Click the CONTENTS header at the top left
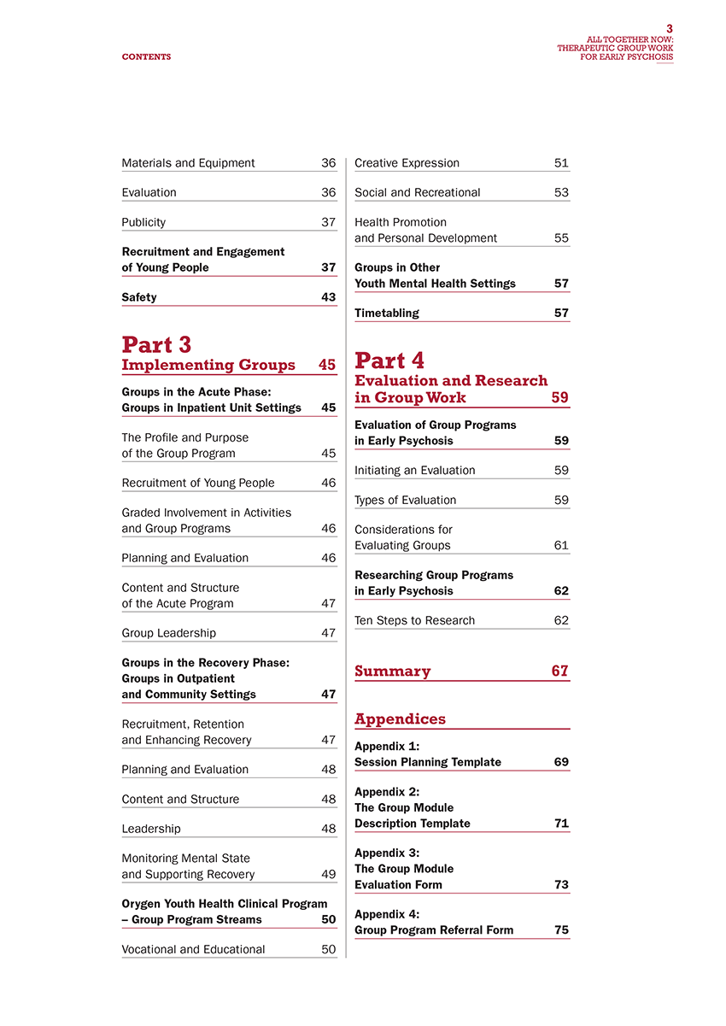pos(146,57)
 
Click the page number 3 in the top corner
pos(670,28)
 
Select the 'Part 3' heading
pos(156,345)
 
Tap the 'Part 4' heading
pos(389,361)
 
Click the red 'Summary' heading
pos(392,671)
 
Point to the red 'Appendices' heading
pos(400,719)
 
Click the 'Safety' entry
pos(139,297)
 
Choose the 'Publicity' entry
pos(144,222)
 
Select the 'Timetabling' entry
pos(387,313)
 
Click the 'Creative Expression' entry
pos(407,163)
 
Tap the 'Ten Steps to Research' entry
pos(414,620)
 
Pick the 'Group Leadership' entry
pos(169,633)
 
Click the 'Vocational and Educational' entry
pos(193,949)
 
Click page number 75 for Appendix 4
pos(561,930)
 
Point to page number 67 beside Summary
pos(559,671)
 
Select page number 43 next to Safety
pos(328,297)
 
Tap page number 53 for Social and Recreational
pos(561,193)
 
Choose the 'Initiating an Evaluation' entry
pos(414,470)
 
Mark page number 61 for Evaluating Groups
pos(561,545)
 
